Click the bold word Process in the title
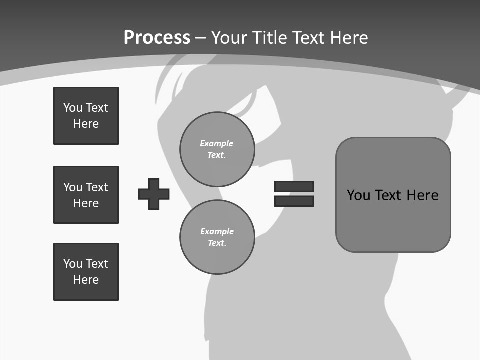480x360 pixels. click(157, 38)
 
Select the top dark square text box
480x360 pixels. click(86, 116)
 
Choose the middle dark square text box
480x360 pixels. click(86, 195)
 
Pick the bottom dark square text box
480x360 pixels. click(86, 272)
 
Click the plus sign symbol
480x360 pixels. click(154, 194)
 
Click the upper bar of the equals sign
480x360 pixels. click(294, 186)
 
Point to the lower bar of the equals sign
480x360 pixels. click(294, 201)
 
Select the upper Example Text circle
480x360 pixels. click(217, 149)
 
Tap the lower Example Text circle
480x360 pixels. click(217, 237)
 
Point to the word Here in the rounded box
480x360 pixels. click(422, 195)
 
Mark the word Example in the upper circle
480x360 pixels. click(217, 143)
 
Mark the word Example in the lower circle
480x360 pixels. click(217, 231)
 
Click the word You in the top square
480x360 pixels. click(73, 108)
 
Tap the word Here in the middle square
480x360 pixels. click(86, 203)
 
